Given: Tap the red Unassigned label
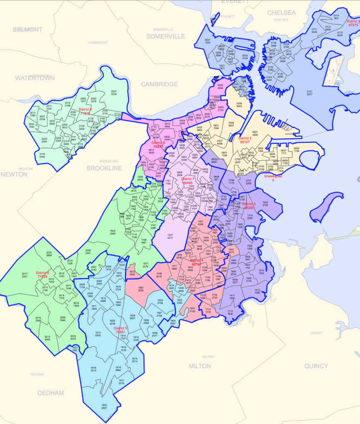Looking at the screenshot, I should (x=273, y=176).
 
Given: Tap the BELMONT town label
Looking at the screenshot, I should (x=28, y=29).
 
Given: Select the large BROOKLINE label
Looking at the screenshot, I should (x=104, y=168).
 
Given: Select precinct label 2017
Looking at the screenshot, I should (x=24, y=274).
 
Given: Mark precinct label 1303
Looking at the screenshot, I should (x=265, y=203).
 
